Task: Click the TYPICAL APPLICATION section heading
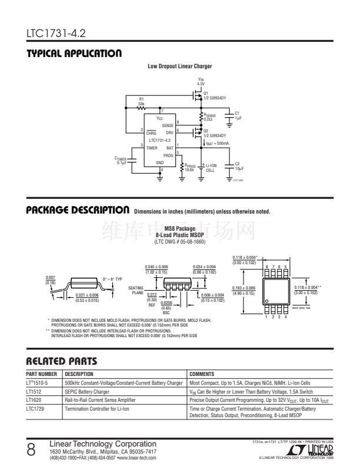click(x=74, y=54)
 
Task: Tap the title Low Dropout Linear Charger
click(x=179, y=66)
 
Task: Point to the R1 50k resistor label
click(x=141, y=101)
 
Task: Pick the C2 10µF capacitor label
click(x=238, y=165)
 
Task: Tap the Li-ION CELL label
click(x=210, y=168)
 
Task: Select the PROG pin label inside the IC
click(x=169, y=155)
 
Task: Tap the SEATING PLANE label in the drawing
click(x=136, y=289)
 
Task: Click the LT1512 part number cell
click(x=33, y=391)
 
